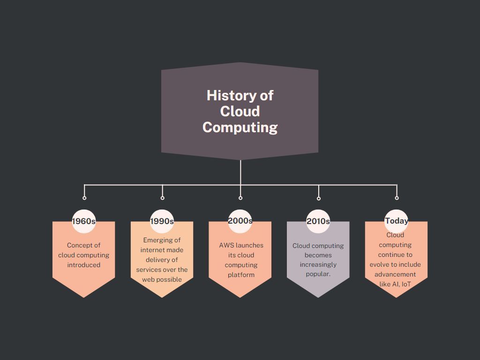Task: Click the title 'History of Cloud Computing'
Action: coord(240,111)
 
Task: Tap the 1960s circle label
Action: coord(84,221)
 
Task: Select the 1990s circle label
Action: coord(162,221)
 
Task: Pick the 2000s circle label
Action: coord(240,221)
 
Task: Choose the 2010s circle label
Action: coord(318,221)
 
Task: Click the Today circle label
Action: coord(397,221)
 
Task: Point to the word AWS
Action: coord(226,245)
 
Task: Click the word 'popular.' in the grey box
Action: coord(318,274)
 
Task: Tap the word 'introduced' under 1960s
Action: coord(84,265)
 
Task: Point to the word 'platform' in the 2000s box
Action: coord(241,275)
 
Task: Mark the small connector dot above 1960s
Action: coord(84,198)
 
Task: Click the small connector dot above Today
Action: coord(397,198)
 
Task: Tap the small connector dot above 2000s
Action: coord(240,198)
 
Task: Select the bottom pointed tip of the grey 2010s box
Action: coord(318,296)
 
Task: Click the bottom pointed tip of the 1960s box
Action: coord(84,296)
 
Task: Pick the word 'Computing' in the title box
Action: coord(240,127)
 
